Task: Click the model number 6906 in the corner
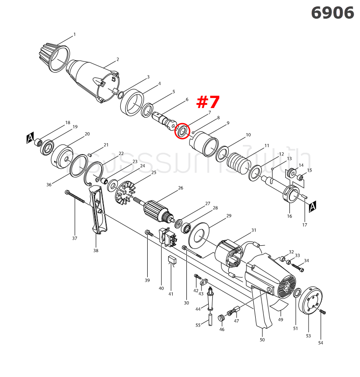tap(332, 13)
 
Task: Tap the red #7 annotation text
tap(208, 102)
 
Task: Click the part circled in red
tap(182, 131)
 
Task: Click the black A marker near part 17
tap(313, 208)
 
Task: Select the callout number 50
tap(262, 340)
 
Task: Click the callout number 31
tap(254, 230)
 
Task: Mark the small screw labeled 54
tap(323, 312)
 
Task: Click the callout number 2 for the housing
tap(118, 59)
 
